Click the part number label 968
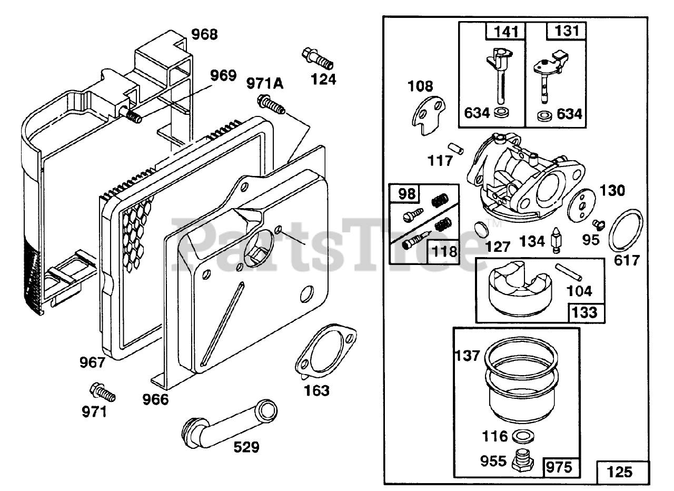204,35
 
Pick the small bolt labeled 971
102,392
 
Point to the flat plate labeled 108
428,113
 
